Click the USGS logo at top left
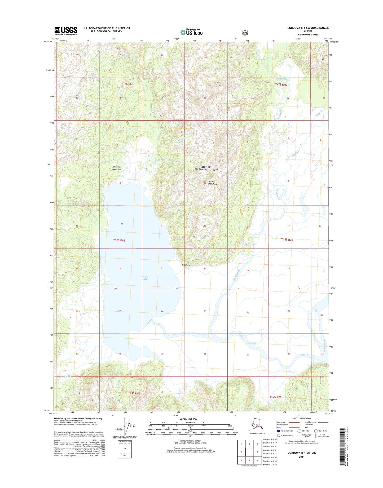point(66,31)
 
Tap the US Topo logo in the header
point(191,32)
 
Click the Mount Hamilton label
point(212,183)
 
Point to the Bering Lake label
point(145,278)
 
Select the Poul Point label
point(185,265)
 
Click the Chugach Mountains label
point(117,168)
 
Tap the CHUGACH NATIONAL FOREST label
point(206,168)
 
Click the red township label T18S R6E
point(119,240)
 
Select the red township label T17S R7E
point(281,85)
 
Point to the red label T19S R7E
point(275,397)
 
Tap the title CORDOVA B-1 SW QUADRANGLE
point(308,28)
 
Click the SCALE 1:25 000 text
point(188,419)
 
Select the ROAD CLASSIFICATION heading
point(301,418)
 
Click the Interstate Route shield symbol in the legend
point(278,431)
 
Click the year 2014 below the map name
point(301,457)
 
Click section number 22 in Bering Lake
point(120,269)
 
